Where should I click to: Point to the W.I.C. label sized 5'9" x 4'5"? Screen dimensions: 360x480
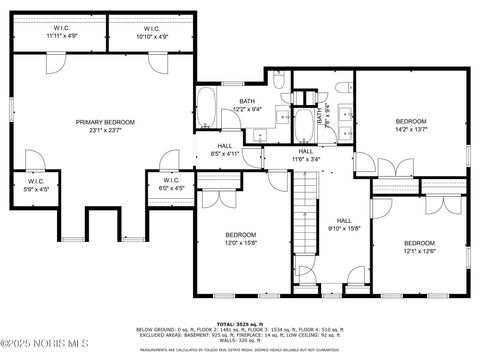coord(34,184)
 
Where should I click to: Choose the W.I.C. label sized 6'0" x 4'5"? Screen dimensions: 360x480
coord(171,184)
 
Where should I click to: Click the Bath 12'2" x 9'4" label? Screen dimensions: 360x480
coord(247,107)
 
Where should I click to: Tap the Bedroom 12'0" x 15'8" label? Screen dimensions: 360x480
coord(241,238)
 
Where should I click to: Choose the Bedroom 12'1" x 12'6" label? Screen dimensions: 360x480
coord(419,247)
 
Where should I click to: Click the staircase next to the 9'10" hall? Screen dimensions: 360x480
coord(306,215)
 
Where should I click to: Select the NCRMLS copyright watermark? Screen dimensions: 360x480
coord(40,347)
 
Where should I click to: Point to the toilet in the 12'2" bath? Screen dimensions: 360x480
coord(280,80)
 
